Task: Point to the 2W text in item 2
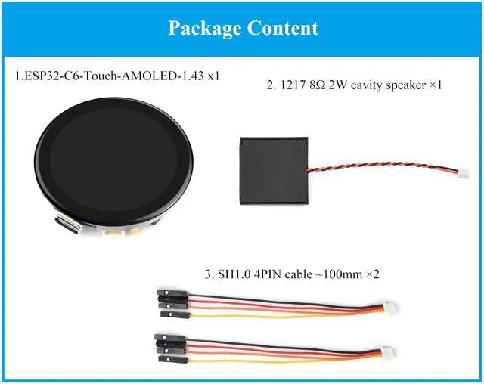334,85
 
